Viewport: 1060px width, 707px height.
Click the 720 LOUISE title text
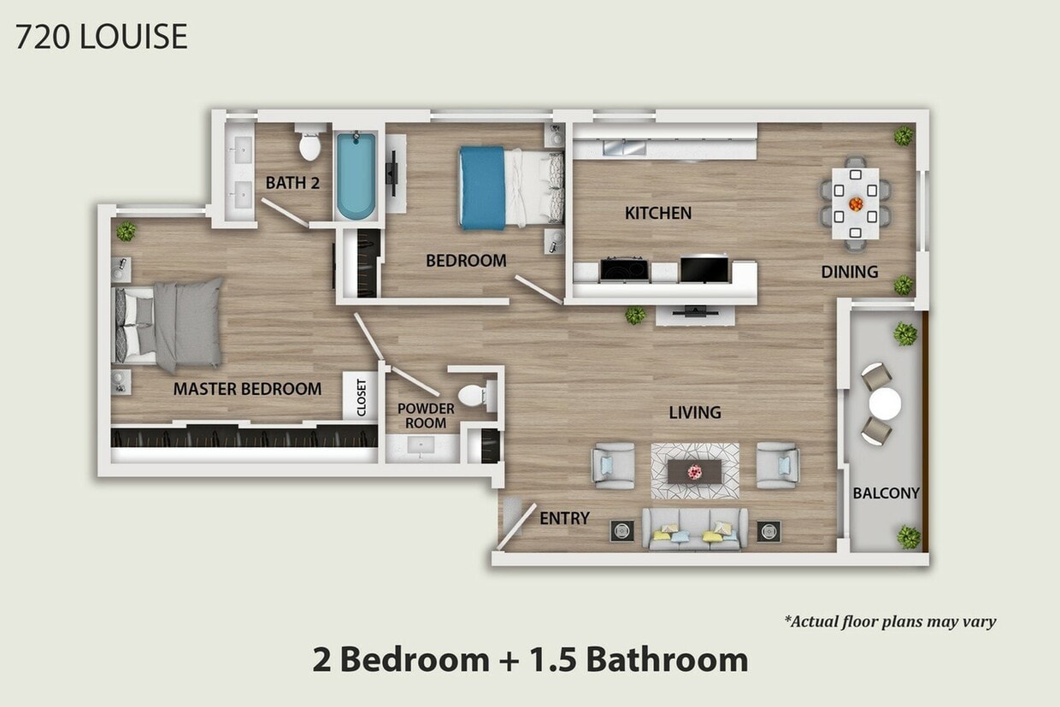click(x=101, y=38)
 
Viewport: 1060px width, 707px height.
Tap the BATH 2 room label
click(x=290, y=182)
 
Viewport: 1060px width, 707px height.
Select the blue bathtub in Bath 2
click(x=355, y=175)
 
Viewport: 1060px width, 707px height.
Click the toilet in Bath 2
click(x=309, y=144)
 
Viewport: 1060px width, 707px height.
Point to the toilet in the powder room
click(x=473, y=395)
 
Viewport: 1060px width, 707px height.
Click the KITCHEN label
click(x=657, y=213)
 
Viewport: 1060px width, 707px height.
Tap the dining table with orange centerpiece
click(x=856, y=203)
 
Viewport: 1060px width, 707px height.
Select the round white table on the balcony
click(x=885, y=404)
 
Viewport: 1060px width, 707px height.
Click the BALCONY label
click(x=886, y=493)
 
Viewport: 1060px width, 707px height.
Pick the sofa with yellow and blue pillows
click(x=695, y=528)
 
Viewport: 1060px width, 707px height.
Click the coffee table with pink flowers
click(x=695, y=471)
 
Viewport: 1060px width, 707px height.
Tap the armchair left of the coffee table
click(x=614, y=466)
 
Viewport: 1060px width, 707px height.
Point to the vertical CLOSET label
click(x=361, y=398)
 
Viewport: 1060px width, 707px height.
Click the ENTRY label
click(x=564, y=518)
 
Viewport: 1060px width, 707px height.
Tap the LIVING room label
click(x=694, y=413)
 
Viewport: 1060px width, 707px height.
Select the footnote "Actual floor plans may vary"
click(x=890, y=622)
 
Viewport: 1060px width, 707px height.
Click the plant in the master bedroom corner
click(x=127, y=231)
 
